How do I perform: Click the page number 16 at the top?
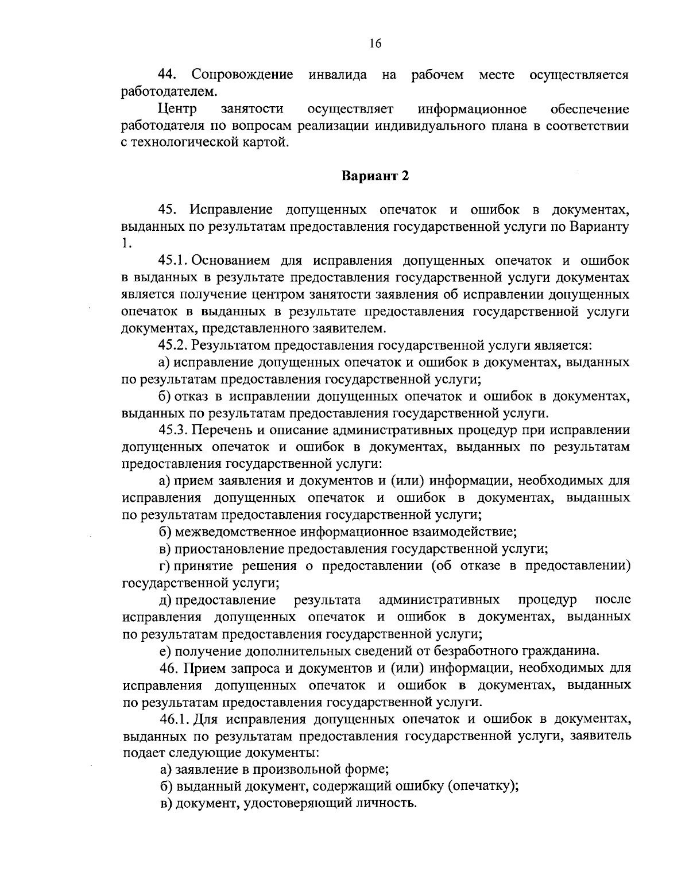(x=376, y=42)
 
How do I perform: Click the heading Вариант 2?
(x=375, y=176)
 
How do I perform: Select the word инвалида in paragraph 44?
(x=338, y=75)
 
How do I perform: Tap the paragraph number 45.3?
(x=173, y=430)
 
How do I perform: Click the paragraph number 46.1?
(x=175, y=719)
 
